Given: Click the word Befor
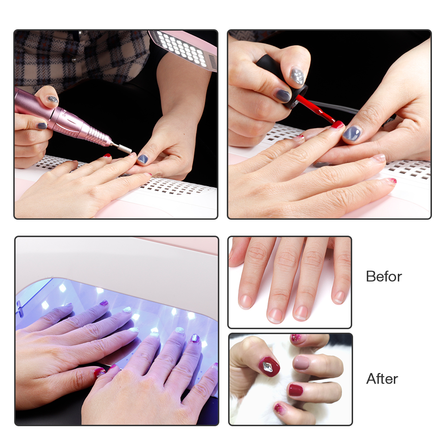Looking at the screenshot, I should pyautogui.click(x=384, y=276).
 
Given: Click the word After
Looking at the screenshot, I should pyautogui.click(x=382, y=379).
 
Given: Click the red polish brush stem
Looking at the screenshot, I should pyautogui.click(x=315, y=109).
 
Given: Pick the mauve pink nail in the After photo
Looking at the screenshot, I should pyautogui.click(x=301, y=362).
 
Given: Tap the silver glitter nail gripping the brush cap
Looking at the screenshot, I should pyautogui.click(x=297, y=76).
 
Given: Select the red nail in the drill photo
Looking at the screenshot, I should pyautogui.click(x=107, y=155).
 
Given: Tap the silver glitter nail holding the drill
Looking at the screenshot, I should pyautogui.click(x=52, y=99).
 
